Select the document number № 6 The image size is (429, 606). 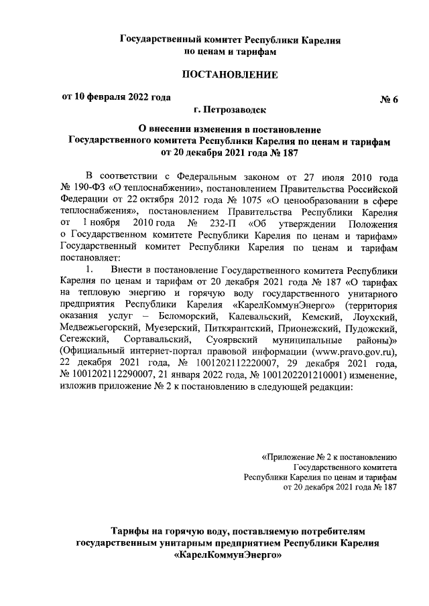pos(389,100)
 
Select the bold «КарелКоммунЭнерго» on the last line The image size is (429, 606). pos(227,554)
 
